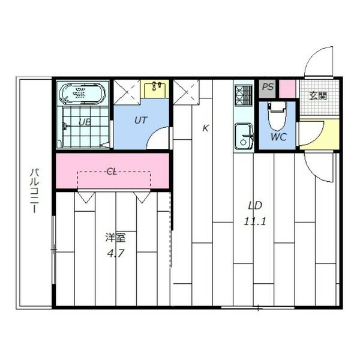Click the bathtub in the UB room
pyautogui.click(x=82, y=93)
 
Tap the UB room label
pyautogui.click(x=85, y=122)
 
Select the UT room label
pyautogui.click(x=140, y=121)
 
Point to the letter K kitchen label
pyautogui.click(x=205, y=128)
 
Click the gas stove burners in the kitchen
pyautogui.click(x=244, y=95)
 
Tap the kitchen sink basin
pyautogui.click(x=244, y=137)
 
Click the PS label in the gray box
pyautogui.click(x=268, y=87)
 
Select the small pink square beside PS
pyautogui.click(x=287, y=88)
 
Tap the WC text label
pyautogui.click(x=279, y=137)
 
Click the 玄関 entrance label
pyautogui.click(x=318, y=96)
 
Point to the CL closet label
pyautogui.click(x=112, y=171)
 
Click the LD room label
pyautogui.click(x=256, y=205)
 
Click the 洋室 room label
pyautogui.click(x=115, y=238)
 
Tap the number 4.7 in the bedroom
pyautogui.click(x=116, y=254)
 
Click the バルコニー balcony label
pyautogui.click(x=34, y=191)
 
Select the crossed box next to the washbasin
pyautogui.click(x=127, y=92)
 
